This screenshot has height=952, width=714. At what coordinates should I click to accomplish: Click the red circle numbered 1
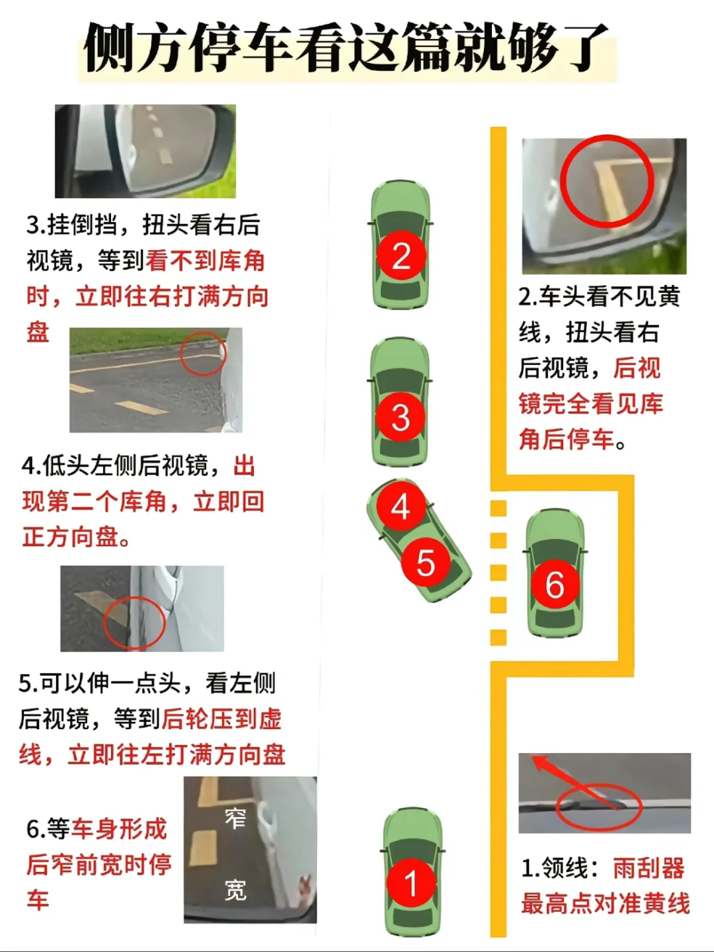[x=411, y=883]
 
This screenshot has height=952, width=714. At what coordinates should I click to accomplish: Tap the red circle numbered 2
[x=401, y=256]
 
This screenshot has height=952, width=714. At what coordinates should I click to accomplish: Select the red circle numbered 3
[x=400, y=417]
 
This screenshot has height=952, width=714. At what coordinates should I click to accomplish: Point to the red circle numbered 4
[x=401, y=507]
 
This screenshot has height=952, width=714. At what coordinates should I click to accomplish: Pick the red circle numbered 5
[x=425, y=563]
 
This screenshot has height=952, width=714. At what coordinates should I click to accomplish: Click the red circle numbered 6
[x=554, y=584]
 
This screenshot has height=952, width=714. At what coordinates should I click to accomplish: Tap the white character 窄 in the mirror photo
[x=235, y=818]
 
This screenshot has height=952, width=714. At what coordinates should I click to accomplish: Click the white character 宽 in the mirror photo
[x=235, y=890]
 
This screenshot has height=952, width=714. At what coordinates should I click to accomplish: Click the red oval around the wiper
[x=599, y=807]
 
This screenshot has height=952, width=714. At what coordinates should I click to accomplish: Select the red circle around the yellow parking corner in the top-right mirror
[x=607, y=180]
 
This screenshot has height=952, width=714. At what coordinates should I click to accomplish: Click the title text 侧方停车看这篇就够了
[x=347, y=48]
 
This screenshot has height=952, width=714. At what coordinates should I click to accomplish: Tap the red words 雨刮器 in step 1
[x=649, y=868]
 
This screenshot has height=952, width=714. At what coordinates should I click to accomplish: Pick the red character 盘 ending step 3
[x=38, y=331]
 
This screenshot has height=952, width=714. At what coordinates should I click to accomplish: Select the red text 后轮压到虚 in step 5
[x=221, y=719]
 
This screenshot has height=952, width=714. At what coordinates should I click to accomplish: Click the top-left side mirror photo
[x=145, y=151]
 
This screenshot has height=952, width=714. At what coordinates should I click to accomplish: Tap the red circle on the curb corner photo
[x=203, y=353]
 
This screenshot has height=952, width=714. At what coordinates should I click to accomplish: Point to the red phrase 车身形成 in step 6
[x=119, y=828]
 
